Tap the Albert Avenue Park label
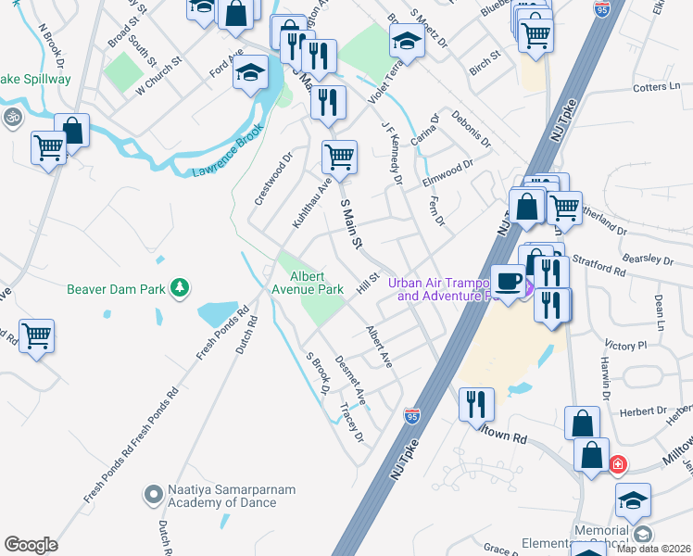[317, 283]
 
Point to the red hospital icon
[616, 463]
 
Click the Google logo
[31, 545]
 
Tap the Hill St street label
[368, 282]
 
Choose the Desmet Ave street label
[351, 381]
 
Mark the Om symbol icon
[12, 118]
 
